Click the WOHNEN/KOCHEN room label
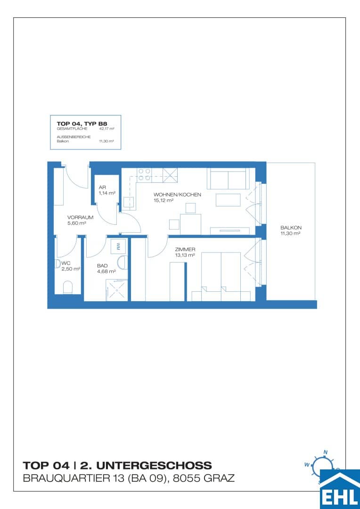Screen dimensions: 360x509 (x=178, y=195)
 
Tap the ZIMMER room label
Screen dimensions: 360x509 (x=185, y=250)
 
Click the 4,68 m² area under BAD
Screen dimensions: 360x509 (x=106, y=271)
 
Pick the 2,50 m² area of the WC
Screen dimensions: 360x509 (x=70, y=269)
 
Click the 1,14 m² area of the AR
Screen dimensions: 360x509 (x=107, y=193)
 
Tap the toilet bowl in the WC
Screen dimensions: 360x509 (x=68, y=287)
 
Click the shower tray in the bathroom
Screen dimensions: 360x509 (x=117, y=290)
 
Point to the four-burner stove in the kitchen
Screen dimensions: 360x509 (x=144, y=174)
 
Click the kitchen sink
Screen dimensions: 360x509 (x=129, y=203)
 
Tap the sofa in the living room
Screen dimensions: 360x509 (x=228, y=178)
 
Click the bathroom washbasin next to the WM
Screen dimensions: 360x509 (x=123, y=263)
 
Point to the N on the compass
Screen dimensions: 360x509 (x=326, y=452)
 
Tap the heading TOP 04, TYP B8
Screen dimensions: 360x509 (x=82, y=123)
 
